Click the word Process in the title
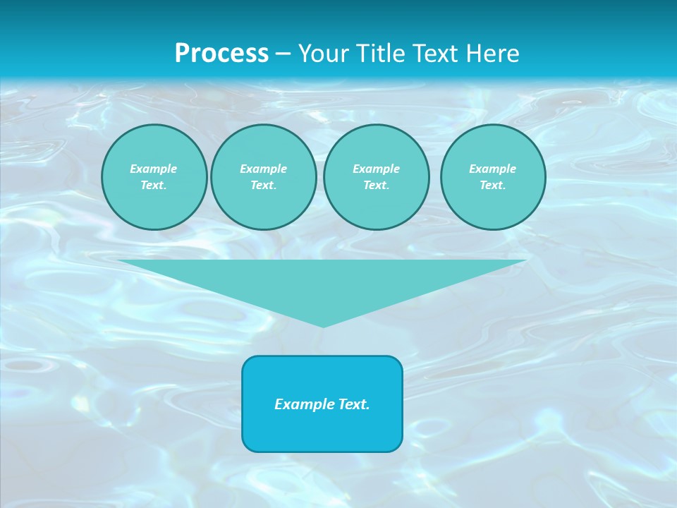[x=221, y=54]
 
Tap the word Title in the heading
[x=379, y=54]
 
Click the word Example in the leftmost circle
[x=154, y=169]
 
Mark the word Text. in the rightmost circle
[x=493, y=185]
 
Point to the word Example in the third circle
[x=376, y=169]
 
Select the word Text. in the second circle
[x=263, y=185]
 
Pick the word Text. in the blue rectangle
[x=353, y=404]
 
